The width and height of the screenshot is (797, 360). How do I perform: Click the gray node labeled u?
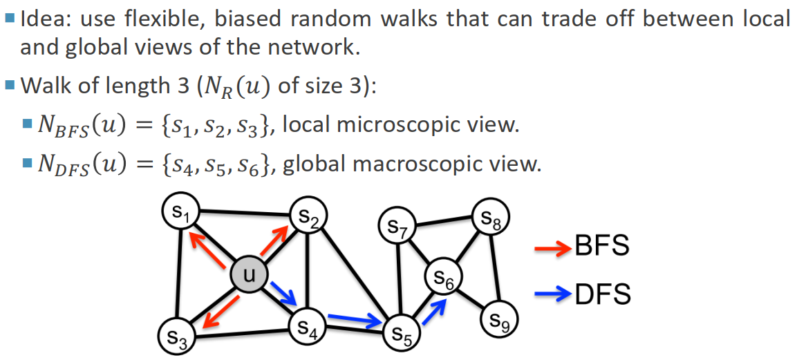250,274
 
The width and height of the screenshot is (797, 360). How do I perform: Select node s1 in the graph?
180,214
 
